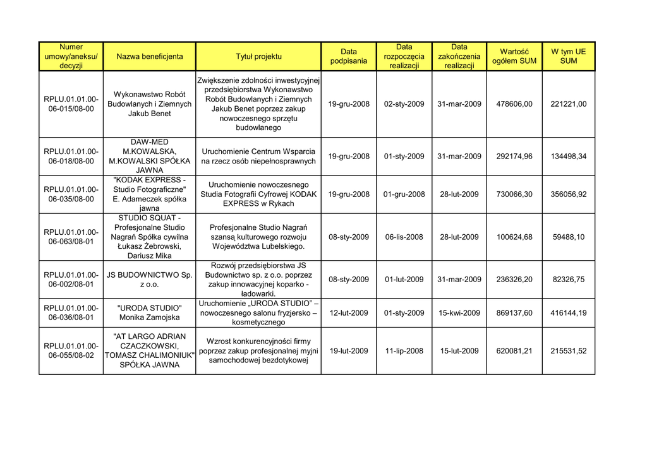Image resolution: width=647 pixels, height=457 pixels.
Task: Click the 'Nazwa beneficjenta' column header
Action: point(150,56)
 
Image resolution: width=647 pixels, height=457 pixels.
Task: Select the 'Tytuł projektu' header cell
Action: point(258,56)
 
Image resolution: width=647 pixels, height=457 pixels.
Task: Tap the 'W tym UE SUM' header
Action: point(568,56)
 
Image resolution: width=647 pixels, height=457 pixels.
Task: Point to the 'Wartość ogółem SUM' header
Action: point(514,56)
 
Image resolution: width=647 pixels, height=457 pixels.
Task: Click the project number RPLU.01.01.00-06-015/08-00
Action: point(71,104)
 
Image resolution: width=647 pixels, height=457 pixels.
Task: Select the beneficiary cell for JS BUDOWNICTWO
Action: point(150,280)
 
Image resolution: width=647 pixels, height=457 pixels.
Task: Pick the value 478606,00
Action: point(514,104)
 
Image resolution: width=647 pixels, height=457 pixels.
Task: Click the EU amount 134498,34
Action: point(568,157)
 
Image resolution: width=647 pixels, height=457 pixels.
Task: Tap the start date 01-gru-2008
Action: point(404,194)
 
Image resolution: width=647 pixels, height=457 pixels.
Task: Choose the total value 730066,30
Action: point(514,194)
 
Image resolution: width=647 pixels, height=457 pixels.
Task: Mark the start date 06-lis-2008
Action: point(404,237)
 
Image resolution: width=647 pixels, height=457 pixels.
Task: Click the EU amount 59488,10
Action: point(568,237)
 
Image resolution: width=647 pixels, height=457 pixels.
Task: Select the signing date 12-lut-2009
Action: point(349,313)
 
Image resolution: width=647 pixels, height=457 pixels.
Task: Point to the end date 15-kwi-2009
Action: point(459,313)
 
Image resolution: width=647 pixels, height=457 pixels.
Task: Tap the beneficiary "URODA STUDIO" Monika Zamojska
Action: point(150,313)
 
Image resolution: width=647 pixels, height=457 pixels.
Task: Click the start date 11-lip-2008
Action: point(404,351)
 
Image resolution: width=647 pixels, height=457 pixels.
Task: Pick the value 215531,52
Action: point(568,351)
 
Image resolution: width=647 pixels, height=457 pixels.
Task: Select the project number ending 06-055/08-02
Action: point(71,351)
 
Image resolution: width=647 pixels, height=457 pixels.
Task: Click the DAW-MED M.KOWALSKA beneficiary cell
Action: point(150,157)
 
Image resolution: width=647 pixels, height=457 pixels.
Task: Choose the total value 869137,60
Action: point(514,313)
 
